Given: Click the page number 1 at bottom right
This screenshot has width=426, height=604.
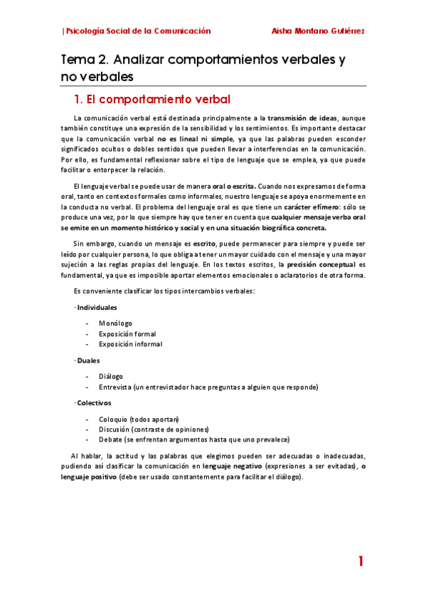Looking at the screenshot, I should coord(361,561).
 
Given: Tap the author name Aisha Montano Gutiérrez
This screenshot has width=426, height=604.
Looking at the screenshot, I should coord(319,31).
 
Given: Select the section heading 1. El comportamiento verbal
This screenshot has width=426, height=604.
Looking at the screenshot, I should coord(152,98).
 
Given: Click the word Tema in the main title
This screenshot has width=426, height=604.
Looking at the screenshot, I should coord(78,61).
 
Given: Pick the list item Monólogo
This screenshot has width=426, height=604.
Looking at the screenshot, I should coord(116,323).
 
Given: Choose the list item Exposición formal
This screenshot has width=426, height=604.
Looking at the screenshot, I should coord(127,333).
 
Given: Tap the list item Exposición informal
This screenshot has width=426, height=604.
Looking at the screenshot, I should coord(130,344).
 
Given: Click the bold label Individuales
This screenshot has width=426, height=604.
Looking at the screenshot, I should coord(97,307).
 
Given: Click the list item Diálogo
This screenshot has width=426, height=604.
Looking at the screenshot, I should coord(111,376).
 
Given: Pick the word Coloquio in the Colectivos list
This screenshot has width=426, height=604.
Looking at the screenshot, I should coord(114,419).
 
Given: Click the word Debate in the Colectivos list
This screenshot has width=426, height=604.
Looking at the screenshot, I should coord(110,439).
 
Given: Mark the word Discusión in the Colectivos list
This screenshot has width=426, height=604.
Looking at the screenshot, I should coord(115,429).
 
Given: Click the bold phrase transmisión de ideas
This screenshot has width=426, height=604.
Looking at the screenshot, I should coord(302,118).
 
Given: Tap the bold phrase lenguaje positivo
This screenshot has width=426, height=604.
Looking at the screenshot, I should coord(89,477).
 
